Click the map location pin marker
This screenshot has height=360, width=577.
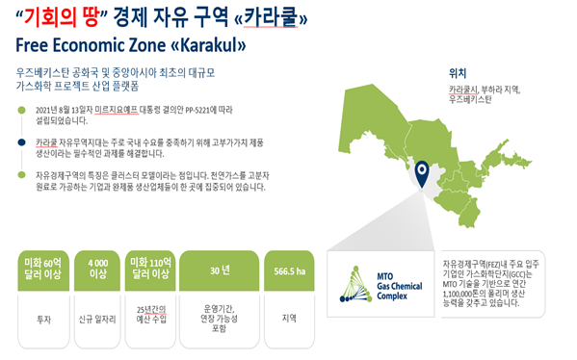[423, 174]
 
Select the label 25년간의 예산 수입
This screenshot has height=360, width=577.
[151, 315]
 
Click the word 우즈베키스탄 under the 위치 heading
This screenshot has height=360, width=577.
[470, 99]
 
